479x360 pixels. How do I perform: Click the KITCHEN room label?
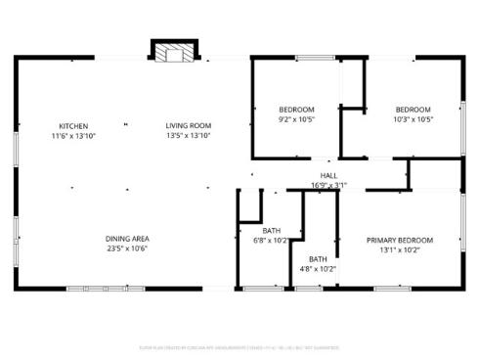pyautogui.click(x=73, y=125)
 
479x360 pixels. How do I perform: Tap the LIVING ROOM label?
pyautogui.click(x=188, y=125)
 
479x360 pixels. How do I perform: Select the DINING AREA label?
pyautogui.click(x=127, y=239)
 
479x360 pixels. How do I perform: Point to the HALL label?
pyautogui.click(x=328, y=176)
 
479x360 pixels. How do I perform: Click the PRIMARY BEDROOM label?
pyautogui.click(x=400, y=240)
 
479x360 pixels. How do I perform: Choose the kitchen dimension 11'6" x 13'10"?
pyautogui.click(x=73, y=135)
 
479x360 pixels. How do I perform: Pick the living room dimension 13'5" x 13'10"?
pyautogui.click(x=188, y=135)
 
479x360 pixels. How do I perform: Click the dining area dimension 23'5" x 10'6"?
pyautogui.click(x=127, y=248)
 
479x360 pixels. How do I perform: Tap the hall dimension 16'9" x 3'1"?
pyautogui.click(x=328, y=185)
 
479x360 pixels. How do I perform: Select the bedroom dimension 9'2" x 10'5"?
pyautogui.click(x=297, y=119)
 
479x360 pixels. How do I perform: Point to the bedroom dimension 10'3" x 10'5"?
pyautogui.click(x=413, y=119)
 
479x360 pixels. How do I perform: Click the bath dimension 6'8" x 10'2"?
pyautogui.click(x=271, y=240)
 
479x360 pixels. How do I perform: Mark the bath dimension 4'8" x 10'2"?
pyautogui.click(x=318, y=268)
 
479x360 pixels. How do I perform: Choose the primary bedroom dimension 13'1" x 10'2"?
pyautogui.click(x=400, y=249)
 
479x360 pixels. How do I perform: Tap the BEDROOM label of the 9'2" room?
pyautogui.click(x=297, y=109)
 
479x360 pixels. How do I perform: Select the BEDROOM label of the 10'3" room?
pyautogui.click(x=413, y=109)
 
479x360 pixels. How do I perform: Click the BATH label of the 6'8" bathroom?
pyautogui.click(x=271, y=230)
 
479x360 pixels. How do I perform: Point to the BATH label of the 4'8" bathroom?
pyautogui.click(x=318, y=258)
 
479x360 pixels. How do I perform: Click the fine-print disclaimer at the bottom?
pyautogui.click(x=239, y=347)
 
